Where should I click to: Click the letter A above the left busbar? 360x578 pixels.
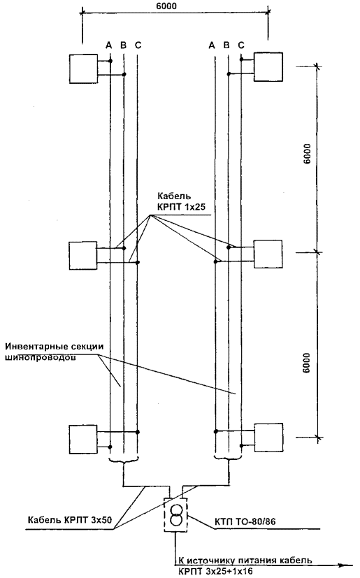point(108,45)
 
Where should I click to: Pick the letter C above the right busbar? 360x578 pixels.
point(241,45)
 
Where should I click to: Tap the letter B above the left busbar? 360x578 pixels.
point(124,45)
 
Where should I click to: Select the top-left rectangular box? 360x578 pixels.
point(84,68)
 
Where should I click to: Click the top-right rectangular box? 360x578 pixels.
point(268,66)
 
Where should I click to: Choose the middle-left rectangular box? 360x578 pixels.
point(83,256)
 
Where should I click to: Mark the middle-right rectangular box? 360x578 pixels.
point(268,254)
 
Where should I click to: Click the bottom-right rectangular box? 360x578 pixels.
point(269,438)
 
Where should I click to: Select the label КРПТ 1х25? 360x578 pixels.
point(181,207)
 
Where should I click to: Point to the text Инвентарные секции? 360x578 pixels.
point(55,347)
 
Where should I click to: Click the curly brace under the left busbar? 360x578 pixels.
point(124,459)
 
